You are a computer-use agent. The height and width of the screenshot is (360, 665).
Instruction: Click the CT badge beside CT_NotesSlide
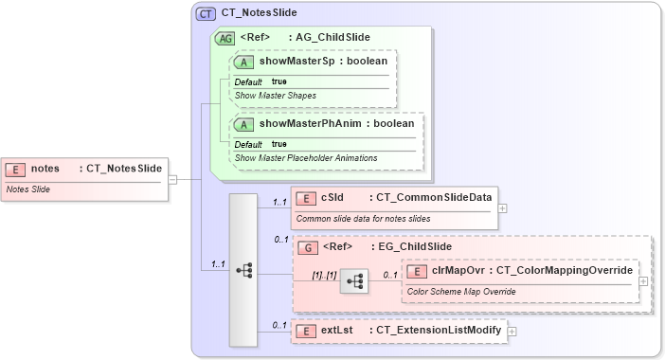[x=206, y=13]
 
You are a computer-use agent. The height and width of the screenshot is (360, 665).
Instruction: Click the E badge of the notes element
[x=16, y=169]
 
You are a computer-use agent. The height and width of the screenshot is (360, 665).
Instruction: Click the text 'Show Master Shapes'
[x=276, y=96]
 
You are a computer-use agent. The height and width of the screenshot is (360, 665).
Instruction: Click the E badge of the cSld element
[x=306, y=198]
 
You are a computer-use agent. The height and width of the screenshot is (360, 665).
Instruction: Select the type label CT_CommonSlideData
[x=429, y=198]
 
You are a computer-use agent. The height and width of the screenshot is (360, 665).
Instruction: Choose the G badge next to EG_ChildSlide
[x=308, y=247]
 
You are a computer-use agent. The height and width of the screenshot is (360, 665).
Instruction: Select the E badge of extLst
[x=306, y=331]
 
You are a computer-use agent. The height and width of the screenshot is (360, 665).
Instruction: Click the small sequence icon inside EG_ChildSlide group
[x=354, y=281]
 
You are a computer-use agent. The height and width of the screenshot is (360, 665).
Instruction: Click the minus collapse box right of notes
[x=172, y=178]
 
